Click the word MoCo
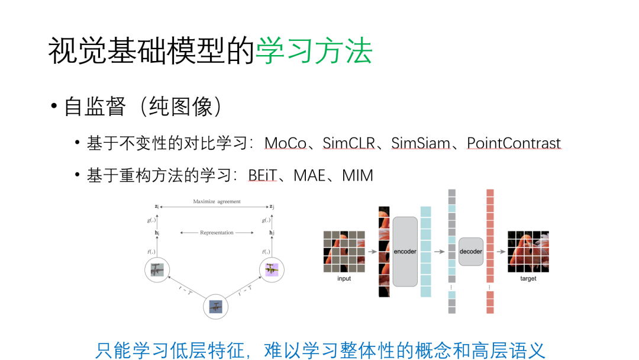click(285, 144)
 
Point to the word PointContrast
click(514, 144)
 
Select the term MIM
click(357, 176)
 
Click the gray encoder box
click(405, 252)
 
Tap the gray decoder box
click(471, 252)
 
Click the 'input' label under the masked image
click(344, 279)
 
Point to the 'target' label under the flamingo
click(528, 279)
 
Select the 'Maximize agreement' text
click(217, 202)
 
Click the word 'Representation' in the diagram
click(217, 233)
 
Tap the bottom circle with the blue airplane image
click(215, 307)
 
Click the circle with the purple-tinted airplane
click(272, 270)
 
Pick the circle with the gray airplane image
click(157, 270)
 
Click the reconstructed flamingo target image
click(528, 252)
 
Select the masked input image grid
click(344, 252)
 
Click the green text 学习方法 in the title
click(314, 52)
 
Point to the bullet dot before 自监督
click(53, 107)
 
